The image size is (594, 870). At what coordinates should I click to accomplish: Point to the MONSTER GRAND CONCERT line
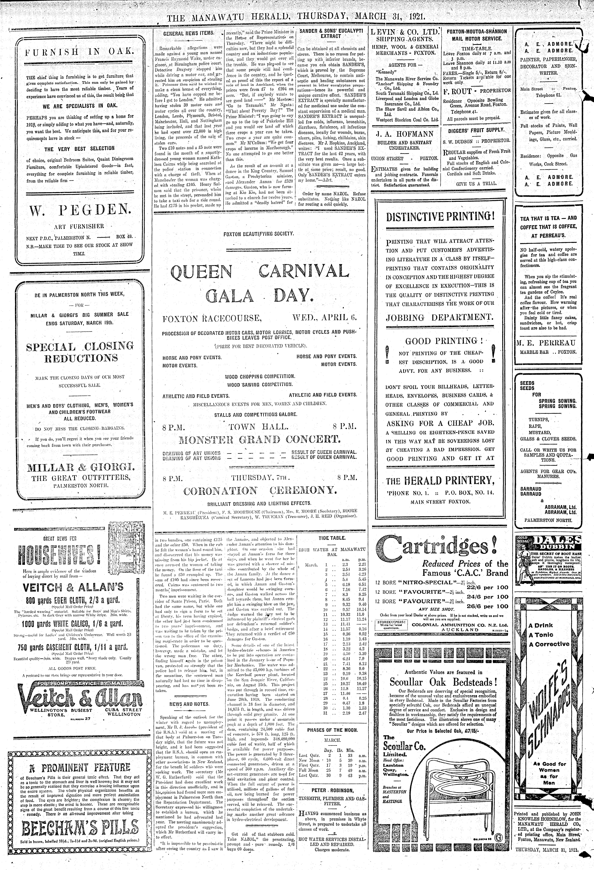[260, 439]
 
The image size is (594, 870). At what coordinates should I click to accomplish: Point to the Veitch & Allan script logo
[79, 695]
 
